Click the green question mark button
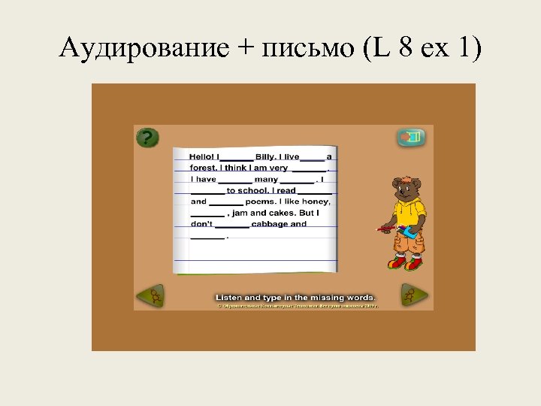coord(147,138)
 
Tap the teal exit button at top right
coord(411,138)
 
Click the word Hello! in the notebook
coord(202,156)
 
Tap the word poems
coord(260,201)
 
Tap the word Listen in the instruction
coord(232,298)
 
